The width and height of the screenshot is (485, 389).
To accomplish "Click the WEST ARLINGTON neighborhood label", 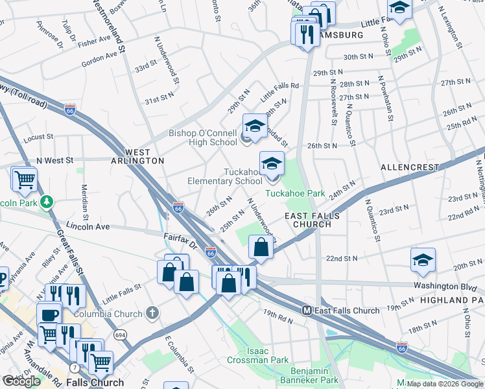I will pos(145,156).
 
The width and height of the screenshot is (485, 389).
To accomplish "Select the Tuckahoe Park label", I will pos(295,193).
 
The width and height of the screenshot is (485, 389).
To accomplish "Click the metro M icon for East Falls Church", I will pos(308,311).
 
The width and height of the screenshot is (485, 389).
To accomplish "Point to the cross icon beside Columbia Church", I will pos(152,314).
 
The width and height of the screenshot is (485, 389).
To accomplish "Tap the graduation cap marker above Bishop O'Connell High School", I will pos(255,126).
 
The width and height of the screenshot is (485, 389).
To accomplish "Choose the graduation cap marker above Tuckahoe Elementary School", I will pos(272,163).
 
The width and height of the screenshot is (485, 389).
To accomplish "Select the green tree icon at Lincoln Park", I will pos(46,202).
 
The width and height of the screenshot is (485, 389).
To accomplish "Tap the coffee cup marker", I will pos(49,314).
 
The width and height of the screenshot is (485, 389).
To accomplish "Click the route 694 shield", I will pos(121,335).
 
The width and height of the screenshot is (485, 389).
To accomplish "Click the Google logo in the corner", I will pos(21,381).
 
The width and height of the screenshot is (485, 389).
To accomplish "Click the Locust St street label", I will pos(38,137).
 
